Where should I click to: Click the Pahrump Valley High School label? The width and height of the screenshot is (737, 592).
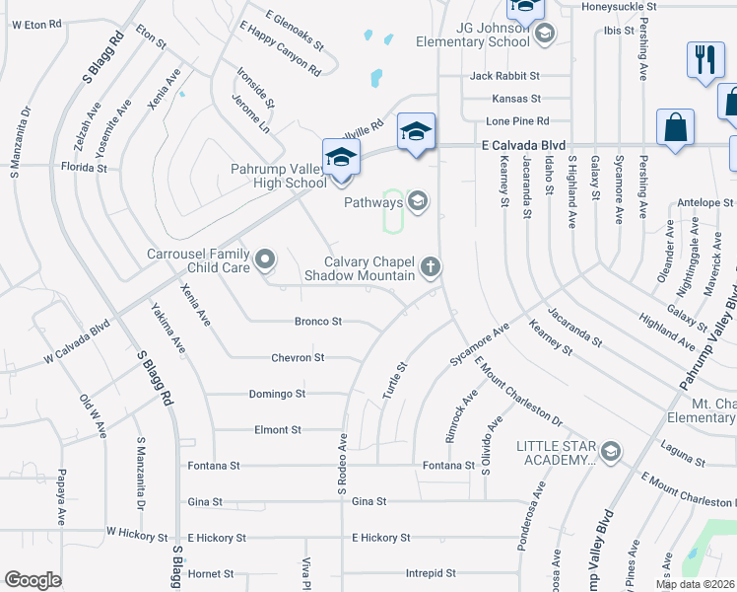coord(279,176)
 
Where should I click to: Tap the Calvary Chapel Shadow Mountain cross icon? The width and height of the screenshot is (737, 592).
coord(430,266)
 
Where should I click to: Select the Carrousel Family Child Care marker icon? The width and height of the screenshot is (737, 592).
coord(264,260)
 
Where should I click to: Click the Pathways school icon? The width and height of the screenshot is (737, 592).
coord(417,202)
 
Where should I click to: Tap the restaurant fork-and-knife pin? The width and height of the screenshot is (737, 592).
coord(703,59)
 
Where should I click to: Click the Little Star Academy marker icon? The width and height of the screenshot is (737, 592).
coord(610,452)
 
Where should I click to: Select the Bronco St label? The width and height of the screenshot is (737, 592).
coord(318,322)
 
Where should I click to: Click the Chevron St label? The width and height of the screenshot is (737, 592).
coord(299,358)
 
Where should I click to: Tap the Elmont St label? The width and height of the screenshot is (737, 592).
coord(278,430)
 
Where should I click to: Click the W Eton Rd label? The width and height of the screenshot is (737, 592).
coord(35,23)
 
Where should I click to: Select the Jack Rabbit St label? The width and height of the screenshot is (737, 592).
coord(504,76)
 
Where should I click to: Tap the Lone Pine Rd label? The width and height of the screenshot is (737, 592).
coord(517,120)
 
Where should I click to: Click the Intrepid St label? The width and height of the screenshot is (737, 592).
coord(431,573)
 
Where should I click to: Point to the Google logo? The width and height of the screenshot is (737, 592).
coord(33,580)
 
